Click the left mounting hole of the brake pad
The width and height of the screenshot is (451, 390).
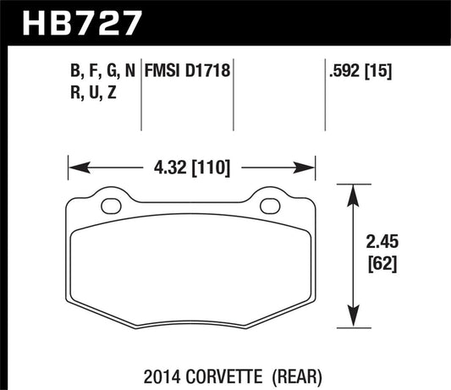tap(109, 205)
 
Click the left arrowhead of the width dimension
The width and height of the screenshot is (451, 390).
tap(73, 165)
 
